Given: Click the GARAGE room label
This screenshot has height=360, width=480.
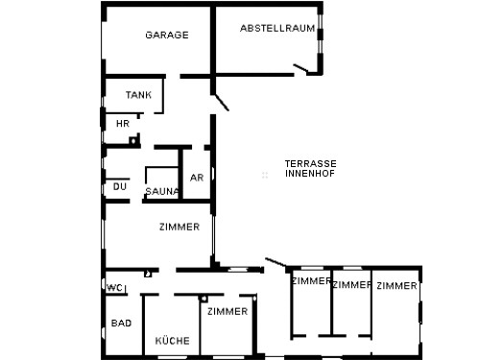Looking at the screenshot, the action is coord(167,35).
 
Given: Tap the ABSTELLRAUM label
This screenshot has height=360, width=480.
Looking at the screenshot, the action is coord(277,28).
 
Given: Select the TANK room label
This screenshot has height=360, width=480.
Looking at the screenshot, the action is coord(138,95).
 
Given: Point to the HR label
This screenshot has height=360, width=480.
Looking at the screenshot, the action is coord(123,124).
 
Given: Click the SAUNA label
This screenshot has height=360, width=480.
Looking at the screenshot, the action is coord(162,191).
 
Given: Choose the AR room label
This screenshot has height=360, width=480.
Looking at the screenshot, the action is coord(197,178).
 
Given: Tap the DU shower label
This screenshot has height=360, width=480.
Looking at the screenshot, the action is coord(120,186).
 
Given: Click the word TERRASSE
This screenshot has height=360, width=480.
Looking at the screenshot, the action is coord(311,164).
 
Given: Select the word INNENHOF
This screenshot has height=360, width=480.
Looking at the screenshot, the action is coord(310,174).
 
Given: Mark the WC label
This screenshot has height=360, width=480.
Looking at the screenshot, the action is coord(114,288).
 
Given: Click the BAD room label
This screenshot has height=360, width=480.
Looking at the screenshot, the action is coord(121,324).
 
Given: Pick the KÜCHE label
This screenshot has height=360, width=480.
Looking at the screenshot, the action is coord(173,341).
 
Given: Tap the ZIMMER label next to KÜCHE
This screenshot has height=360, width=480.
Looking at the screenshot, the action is coord(228,311).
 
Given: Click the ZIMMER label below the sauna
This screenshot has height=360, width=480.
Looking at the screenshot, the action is coord(180,227).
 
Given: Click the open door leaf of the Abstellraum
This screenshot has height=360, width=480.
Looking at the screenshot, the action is coord(300,68).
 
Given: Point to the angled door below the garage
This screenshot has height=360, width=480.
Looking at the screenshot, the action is coord(221,102).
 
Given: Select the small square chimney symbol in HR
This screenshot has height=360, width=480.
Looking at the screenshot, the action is coord(132,141).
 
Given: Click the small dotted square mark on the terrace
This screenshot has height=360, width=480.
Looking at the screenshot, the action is coord(265,175).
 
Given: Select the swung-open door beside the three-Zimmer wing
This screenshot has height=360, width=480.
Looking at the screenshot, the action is coord(276,262).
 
